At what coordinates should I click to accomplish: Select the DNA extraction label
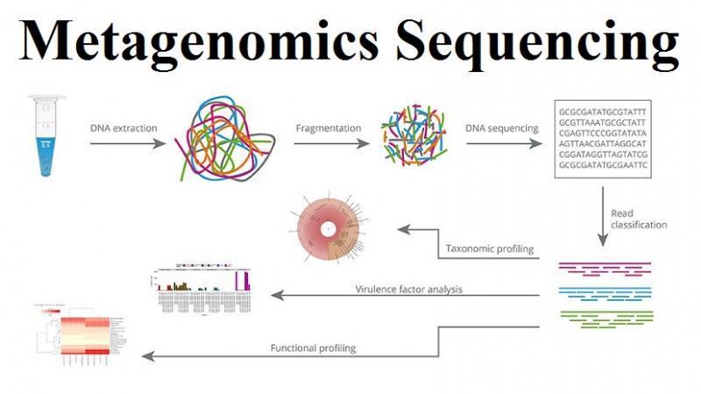124,128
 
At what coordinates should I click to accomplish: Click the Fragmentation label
329,128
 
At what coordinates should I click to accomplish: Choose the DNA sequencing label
502,128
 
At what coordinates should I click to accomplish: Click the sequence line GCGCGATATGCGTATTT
600,112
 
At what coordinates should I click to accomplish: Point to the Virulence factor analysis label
408,288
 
